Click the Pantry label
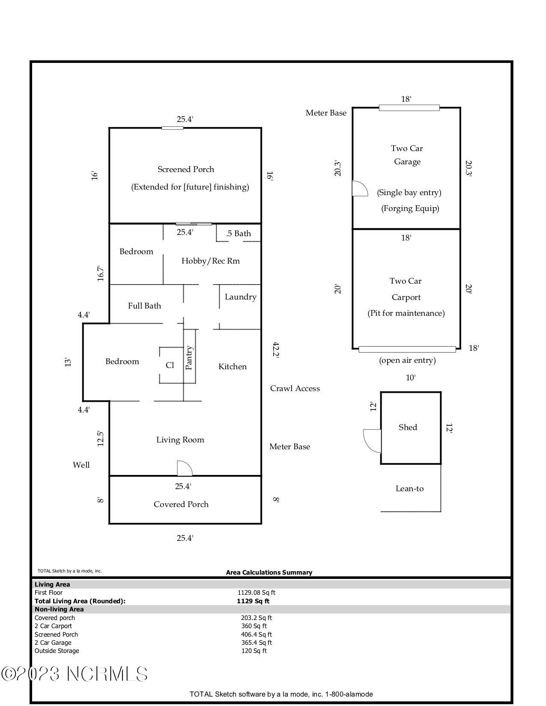(188, 358)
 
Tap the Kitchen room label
(232, 367)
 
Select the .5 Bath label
(239, 233)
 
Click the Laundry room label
(241, 297)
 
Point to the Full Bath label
(144, 306)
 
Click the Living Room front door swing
(185, 468)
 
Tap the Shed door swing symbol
(372, 441)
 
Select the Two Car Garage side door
(360, 188)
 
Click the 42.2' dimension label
(276, 349)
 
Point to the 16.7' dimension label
(101, 273)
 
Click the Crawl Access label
(295, 388)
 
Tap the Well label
(81, 465)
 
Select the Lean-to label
(409, 489)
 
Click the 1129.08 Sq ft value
(256, 593)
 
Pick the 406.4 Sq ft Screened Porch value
(256, 635)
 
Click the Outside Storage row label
(57, 651)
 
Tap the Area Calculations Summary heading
(269, 573)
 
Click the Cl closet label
(170, 365)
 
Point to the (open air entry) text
(407, 360)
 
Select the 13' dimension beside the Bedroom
(68, 362)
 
